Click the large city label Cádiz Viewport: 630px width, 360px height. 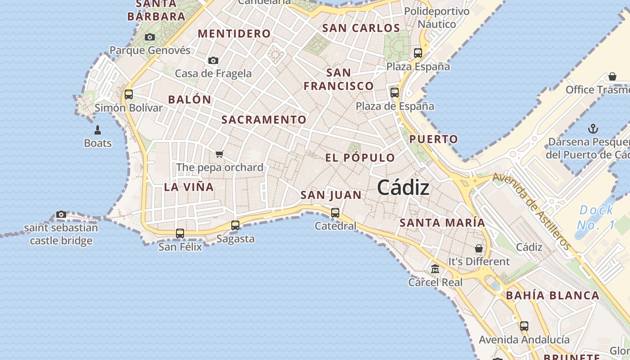403,187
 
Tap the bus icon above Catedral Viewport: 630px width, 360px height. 335,213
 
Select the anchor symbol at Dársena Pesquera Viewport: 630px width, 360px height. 593,129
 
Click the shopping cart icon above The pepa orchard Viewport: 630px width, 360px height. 220,154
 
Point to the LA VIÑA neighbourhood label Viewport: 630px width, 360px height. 189,187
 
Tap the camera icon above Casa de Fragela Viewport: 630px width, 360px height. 213,60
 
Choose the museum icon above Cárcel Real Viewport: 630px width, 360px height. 435,269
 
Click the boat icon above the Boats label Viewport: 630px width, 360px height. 98,130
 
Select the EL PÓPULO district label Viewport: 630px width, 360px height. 360,158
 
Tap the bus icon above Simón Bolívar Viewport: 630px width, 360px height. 129,94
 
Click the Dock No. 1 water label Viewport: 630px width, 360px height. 596,217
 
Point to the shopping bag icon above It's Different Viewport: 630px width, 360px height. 479,248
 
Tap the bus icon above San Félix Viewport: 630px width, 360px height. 180,234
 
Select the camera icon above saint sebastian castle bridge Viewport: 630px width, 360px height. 61,214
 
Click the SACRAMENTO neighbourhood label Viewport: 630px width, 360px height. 264,120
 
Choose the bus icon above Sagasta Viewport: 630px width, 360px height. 235,225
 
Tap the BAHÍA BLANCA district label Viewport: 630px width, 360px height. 553,296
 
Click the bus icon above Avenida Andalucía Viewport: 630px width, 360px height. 524,326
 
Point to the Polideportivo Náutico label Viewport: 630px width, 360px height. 436,18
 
